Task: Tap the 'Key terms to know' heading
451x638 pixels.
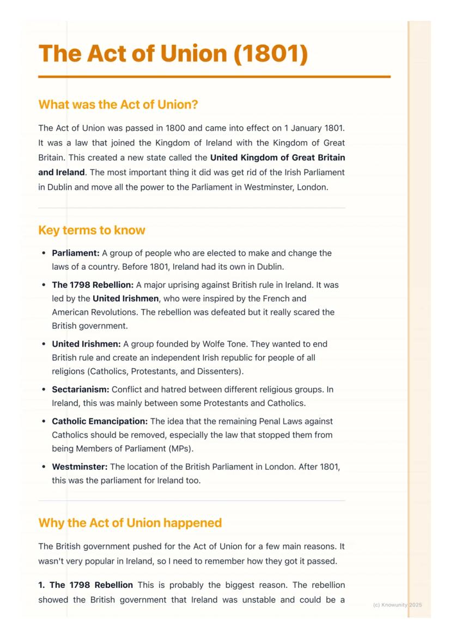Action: [92, 230]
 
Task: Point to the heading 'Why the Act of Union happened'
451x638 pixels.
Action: [130, 523]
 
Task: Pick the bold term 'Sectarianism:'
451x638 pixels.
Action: [81, 390]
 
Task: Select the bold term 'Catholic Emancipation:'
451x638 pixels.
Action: [100, 422]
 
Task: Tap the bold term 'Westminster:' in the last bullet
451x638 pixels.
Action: [80, 467]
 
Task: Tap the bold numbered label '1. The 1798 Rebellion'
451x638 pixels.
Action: [86, 585]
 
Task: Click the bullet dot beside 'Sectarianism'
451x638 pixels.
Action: [44, 390]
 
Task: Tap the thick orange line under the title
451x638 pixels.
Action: [214, 77]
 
